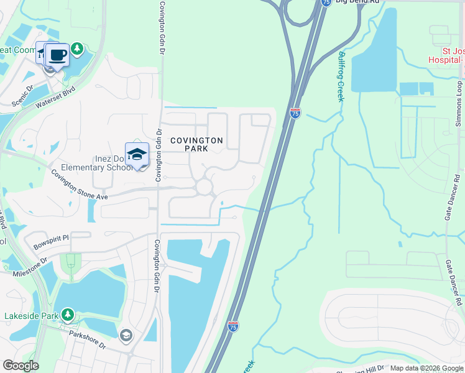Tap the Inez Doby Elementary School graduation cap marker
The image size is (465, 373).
pos(137,154)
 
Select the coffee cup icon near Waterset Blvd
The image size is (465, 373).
pos(58,55)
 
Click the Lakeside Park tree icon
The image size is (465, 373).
pos(67,315)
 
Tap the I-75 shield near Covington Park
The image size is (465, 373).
pos(295,113)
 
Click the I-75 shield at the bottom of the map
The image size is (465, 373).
pos(233,326)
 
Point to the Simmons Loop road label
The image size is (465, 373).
pos(459,103)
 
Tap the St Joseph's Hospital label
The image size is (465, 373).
pos(445,55)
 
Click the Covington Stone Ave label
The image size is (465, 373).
pos(80,185)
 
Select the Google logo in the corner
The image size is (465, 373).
pos(21,366)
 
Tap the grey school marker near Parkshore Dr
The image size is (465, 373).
pos(126,336)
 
